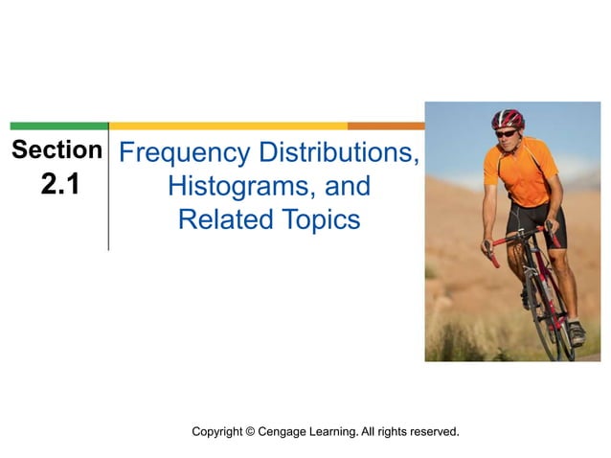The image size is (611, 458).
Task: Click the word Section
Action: (57, 150)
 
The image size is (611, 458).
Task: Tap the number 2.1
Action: (58, 185)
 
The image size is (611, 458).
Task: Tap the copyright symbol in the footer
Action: (252, 432)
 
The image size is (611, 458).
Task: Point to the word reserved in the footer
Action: (431, 432)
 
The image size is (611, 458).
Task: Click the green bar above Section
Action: (58, 126)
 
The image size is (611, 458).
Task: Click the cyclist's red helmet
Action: (509, 118)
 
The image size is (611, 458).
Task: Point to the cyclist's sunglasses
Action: (506, 133)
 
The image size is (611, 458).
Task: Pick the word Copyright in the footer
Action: (217, 432)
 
